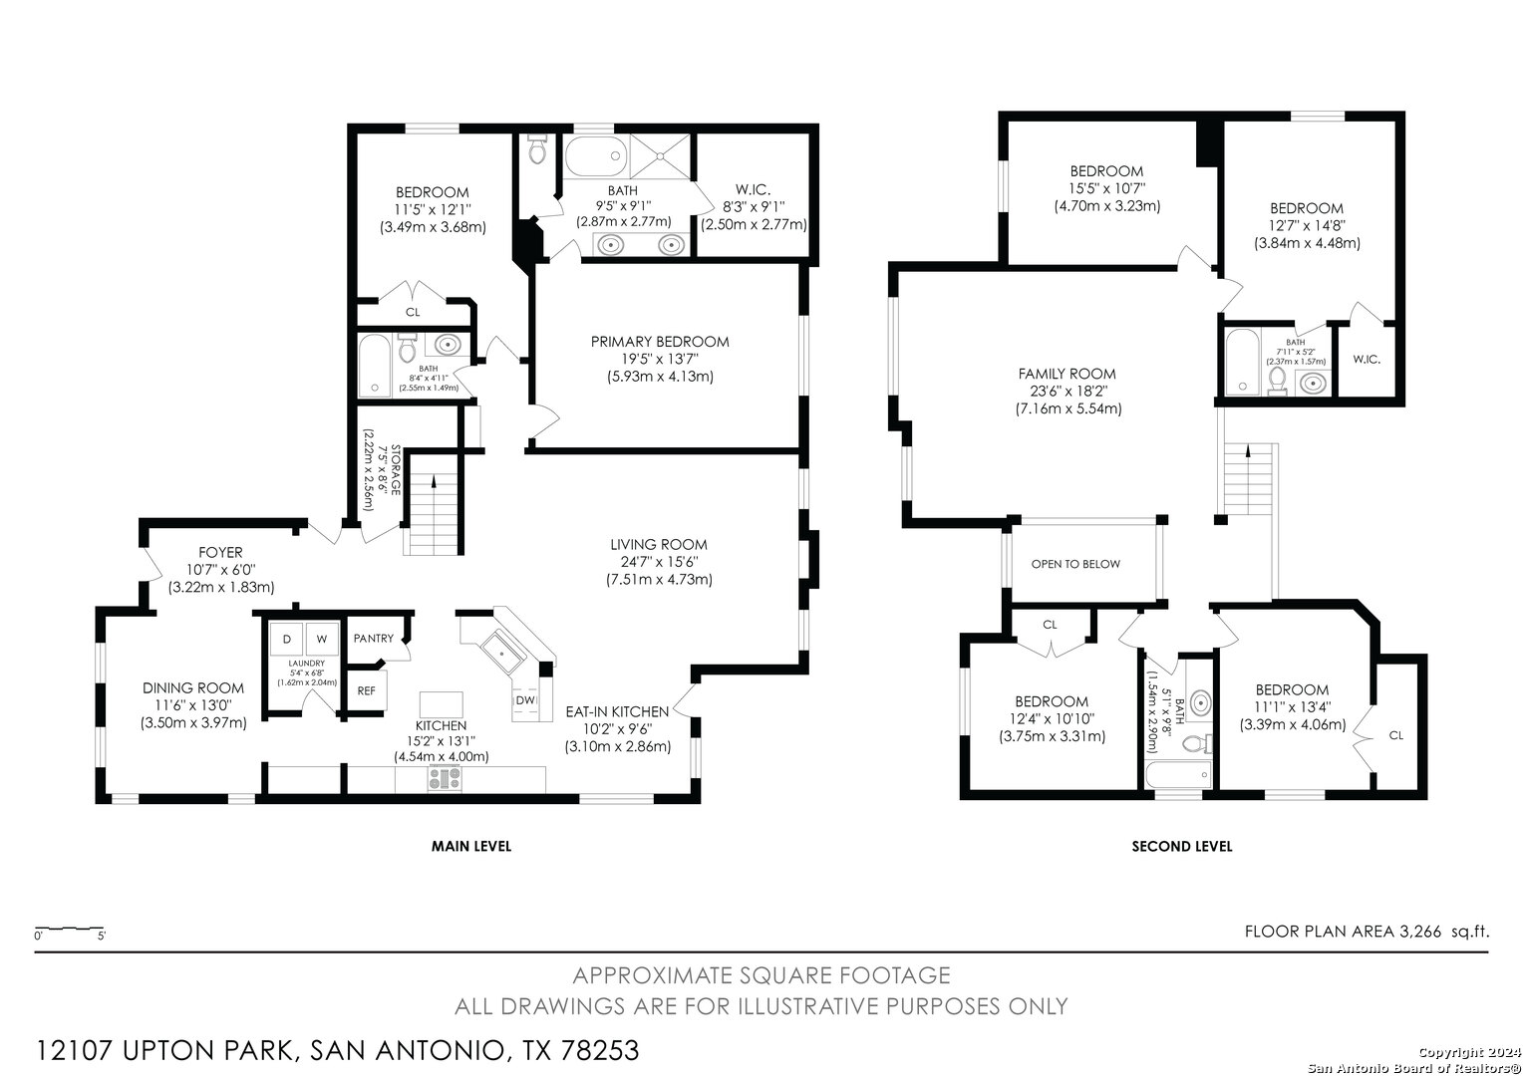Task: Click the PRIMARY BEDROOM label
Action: coord(660,342)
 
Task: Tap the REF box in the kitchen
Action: coord(366,690)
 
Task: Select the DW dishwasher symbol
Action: coord(525,700)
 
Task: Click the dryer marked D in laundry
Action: coord(287,639)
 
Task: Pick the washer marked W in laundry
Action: coord(322,639)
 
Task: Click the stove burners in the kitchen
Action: coord(445,778)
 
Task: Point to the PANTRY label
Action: coord(373,639)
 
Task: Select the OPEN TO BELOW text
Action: coord(1075,564)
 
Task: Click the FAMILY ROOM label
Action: coord(1066,374)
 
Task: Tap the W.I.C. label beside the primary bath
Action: coord(754,190)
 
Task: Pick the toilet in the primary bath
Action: coord(537,149)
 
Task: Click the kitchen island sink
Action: coord(502,653)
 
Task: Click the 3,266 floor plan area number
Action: coord(1419,932)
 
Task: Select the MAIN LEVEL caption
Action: coord(471,846)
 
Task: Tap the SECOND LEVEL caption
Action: coord(1182,846)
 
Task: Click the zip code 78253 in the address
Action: coord(600,1050)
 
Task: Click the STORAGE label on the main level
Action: coord(395,470)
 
